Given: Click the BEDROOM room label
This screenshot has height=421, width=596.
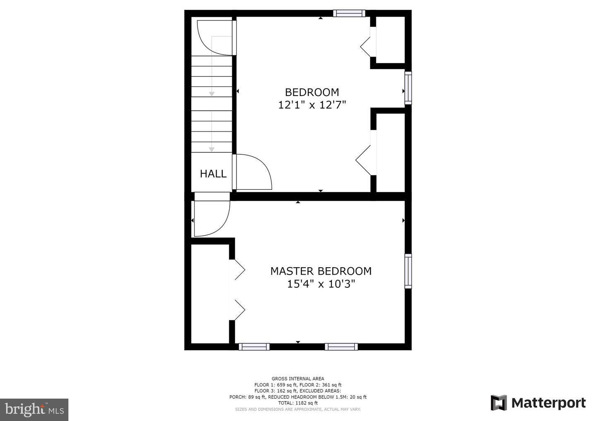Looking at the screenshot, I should point(312,92).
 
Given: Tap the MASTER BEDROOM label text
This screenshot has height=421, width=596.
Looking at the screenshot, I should point(321,271).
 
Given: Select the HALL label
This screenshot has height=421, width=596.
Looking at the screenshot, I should point(213,174).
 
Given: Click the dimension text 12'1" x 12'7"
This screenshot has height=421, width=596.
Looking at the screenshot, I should point(312,105).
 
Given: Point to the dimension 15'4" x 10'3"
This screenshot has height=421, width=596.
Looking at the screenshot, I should point(321,284).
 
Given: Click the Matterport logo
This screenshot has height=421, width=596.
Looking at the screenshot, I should point(538,403).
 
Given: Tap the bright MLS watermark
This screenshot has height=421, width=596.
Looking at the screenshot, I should point(34,409).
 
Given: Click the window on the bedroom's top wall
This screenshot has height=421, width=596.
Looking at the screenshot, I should point(349,13).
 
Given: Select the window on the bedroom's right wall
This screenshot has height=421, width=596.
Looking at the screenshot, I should point(408,88).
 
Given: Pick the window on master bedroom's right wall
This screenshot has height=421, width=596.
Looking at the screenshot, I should point(408,271).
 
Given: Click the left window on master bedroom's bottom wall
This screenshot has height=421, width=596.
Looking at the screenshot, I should point(254,347).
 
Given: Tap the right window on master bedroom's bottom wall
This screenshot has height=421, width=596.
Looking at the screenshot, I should point(341,347).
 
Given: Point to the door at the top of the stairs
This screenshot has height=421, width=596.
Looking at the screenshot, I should point(215,37).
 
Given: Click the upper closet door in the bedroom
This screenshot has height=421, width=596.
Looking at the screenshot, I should point(368,45).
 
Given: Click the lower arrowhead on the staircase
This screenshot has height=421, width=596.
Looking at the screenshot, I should point(211,149).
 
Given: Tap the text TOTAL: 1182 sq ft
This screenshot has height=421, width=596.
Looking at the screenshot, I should point(298,403).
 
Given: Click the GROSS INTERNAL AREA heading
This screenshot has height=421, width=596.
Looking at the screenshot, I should point(298,378).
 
